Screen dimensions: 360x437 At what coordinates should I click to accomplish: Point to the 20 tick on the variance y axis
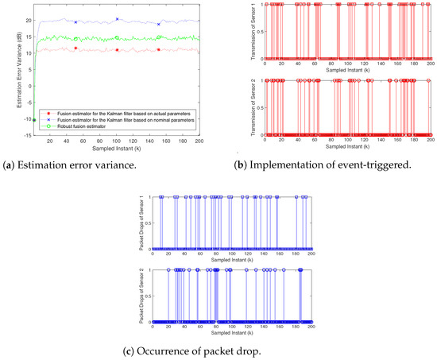click(28, 19)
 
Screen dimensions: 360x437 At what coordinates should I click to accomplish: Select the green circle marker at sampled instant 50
click(75, 38)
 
